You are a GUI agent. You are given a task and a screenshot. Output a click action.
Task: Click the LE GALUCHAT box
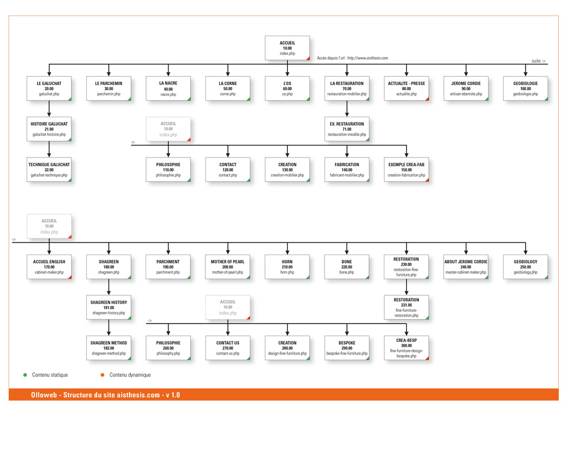pyautogui.click(x=49, y=89)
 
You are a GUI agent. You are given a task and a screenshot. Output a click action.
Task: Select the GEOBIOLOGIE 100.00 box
pyautogui.click(x=525, y=89)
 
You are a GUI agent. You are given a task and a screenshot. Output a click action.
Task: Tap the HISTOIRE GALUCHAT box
pyautogui.click(x=49, y=129)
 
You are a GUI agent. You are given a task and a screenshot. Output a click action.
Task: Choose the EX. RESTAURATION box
pyautogui.click(x=346, y=129)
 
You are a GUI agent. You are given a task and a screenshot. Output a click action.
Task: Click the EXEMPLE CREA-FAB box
pyautogui.click(x=406, y=170)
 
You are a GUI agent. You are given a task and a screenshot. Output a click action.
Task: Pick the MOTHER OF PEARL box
pyautogui.click(x=227, y=267)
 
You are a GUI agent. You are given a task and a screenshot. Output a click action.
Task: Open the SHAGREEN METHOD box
pyautogui.click(x=109, y=348)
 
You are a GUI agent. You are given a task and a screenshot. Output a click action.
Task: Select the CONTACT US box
pyautogui.click(x=227, y=348)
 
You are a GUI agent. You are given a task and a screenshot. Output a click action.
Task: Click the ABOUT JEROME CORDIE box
pyautogui.click(x=466, y=267)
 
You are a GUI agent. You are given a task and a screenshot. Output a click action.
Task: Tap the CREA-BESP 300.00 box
pyautogui.click(x=406, y=348)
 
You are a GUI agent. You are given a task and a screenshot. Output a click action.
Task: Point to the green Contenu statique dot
pyautogui.click(x=25, y=375)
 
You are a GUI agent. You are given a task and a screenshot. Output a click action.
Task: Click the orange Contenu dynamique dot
pyautogui.click(x=102, y=375)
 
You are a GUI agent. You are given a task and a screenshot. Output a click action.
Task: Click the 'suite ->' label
pyautogui.click(x=538, y=61)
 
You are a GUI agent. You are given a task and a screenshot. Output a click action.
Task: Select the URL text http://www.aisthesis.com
pyautogui.click(x=367, y=58)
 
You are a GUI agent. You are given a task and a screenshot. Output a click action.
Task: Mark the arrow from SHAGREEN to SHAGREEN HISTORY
pyautogui.click(x=109, y=287)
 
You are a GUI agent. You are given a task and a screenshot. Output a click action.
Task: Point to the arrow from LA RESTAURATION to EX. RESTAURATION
pyautogui.click(x=346, y=109)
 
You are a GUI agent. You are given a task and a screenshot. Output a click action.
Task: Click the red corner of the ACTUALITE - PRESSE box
pyautogui.click(x=428, y=99)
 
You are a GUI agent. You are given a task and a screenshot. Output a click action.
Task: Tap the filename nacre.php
pyautogui.click(x=168, y=94)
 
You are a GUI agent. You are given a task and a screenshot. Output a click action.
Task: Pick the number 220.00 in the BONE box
pyautogui.click(x=346, y=267)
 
